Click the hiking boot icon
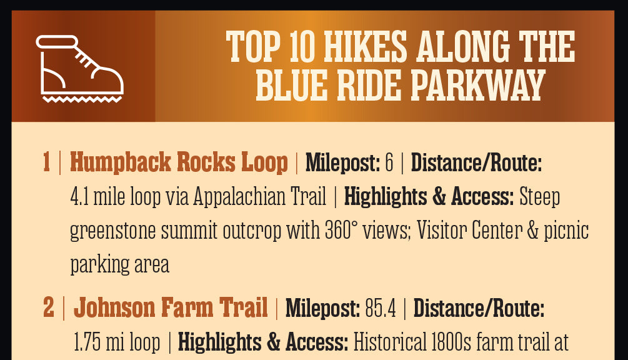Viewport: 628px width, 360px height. pos(80,69)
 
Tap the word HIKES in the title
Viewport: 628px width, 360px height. pos(365,47)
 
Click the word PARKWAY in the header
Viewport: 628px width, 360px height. pos(478,85)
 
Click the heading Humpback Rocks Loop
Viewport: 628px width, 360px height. pos(179,162)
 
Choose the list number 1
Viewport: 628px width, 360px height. pos(46,162)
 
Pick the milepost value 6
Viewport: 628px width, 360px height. pos(389,162)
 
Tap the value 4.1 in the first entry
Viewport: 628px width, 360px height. pos(79,197)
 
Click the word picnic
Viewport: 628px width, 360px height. pos(566,231)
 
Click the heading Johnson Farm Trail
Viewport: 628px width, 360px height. pos(171,307)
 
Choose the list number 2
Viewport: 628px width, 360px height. pos(49,307)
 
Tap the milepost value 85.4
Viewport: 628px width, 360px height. pos(381,308)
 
